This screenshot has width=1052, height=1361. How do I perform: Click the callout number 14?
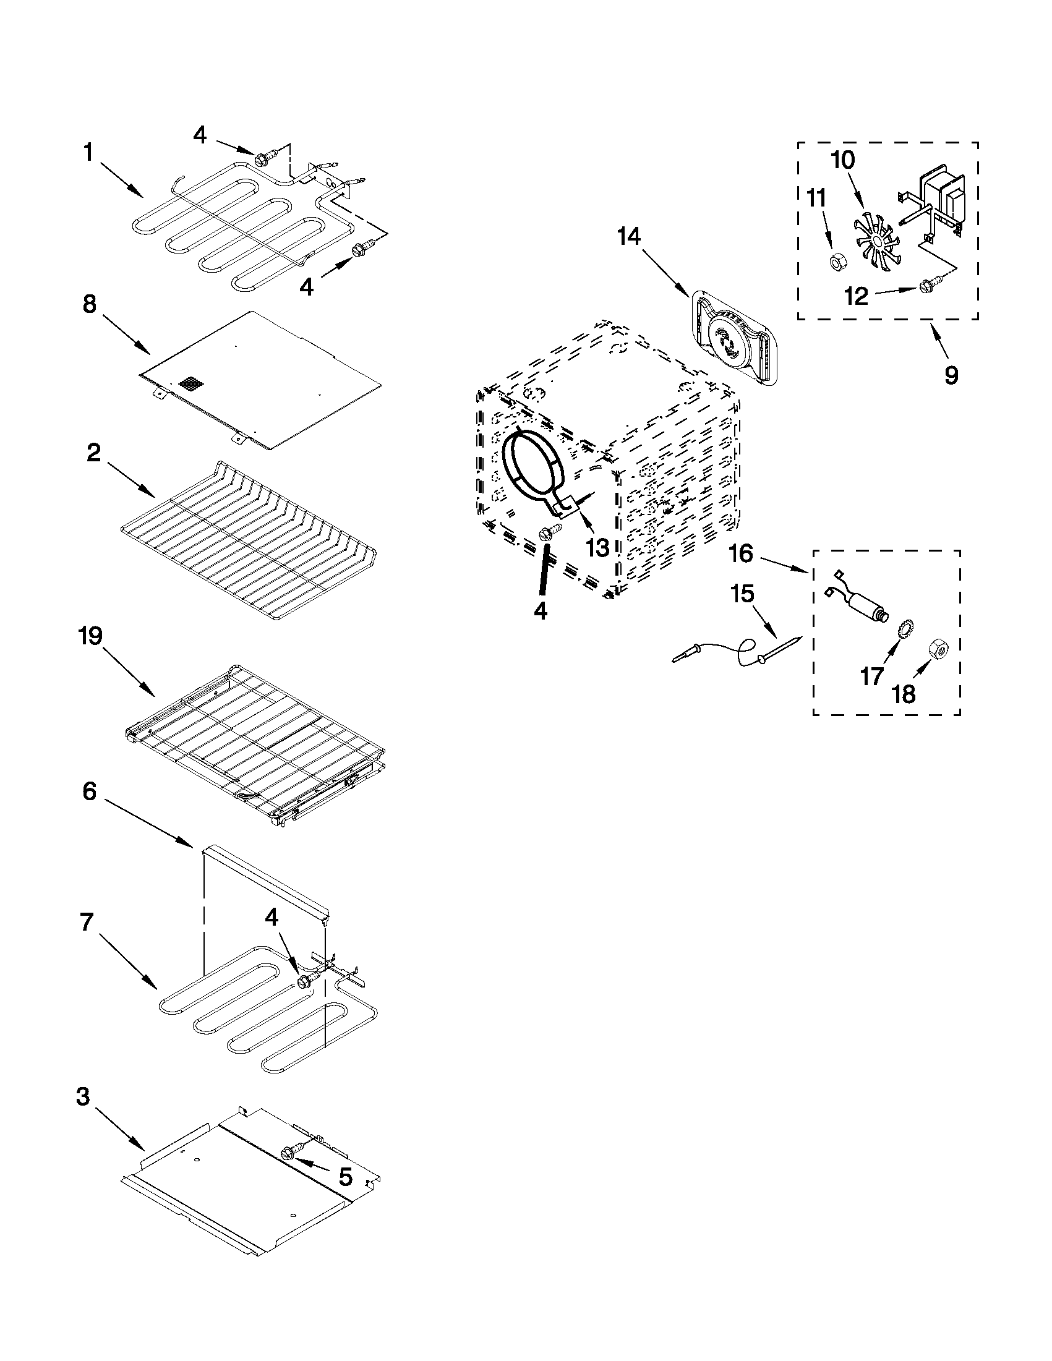pyautogui.click(x=629, y=237)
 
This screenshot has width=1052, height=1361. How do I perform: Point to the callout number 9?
pyautogui.click(x=951, y=376)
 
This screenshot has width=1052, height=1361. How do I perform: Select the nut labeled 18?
pyautogui.click(x=938, y=651)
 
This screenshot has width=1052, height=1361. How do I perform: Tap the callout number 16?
pyautogui.click(x=741, y=553)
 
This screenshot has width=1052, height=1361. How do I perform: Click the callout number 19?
pyautogui.click(x=91, y=637)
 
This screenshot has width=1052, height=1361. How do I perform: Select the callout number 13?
pyautogui.click(x=597, y=548)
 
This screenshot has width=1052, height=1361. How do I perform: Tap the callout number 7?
pyautogui.click(x=88, y=923)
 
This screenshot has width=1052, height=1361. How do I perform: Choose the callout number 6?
pyautogui.click(x=90, y=792)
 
